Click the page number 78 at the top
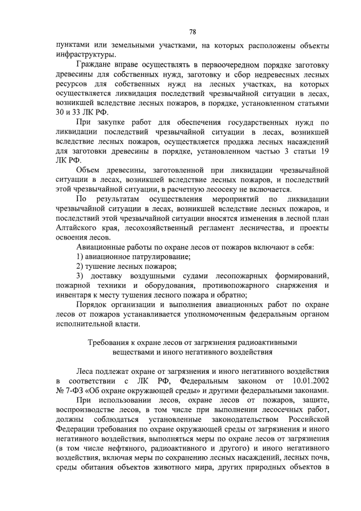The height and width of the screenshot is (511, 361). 192,32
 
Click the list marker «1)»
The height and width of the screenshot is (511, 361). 81,260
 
